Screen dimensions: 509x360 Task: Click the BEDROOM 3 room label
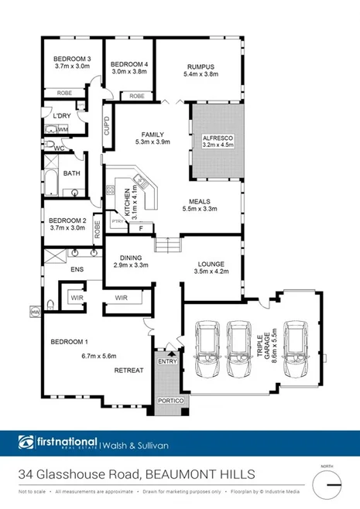tap(72, 60)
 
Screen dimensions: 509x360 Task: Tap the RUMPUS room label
tap(200, 66)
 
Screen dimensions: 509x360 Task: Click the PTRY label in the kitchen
tap(118, 221)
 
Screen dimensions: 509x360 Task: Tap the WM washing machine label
tap(63, 129)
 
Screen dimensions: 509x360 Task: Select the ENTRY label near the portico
tap(166, 361)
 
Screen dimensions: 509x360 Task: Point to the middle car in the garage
tap(238, 348)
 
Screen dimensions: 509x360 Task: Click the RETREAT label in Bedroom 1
tap(129, 371)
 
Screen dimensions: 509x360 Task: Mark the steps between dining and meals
tap(168, 247)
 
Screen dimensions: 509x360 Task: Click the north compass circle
tap(329, 484)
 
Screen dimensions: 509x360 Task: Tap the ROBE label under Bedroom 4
tap(136, 96)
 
